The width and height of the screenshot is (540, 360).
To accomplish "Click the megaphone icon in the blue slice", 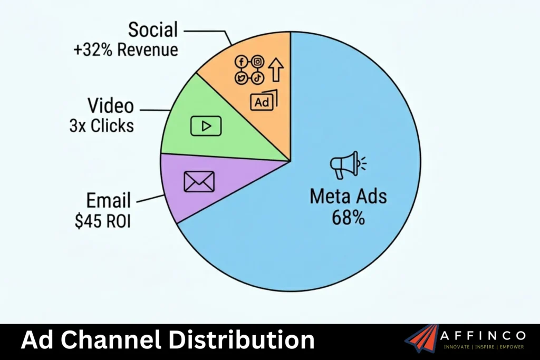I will pos(346,166).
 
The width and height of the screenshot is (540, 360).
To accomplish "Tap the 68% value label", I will pos(348,218).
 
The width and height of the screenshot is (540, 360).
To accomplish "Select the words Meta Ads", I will pos(348,197).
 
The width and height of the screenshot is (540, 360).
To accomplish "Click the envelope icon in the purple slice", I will pos(199,181).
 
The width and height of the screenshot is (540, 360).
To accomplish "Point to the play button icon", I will pos(206,126).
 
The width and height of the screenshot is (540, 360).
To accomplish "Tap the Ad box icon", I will pos(263,102).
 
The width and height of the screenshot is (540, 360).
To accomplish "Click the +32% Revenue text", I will pos(126,50).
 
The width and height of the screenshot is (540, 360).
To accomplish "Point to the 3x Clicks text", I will pos(101,126).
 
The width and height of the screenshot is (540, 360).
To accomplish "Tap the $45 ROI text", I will pos(103,220).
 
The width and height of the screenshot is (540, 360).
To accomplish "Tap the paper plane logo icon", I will pos(422,338).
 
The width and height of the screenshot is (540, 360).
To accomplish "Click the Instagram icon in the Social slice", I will pos(257,62).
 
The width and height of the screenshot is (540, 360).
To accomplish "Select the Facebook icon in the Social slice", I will pos(242,62).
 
